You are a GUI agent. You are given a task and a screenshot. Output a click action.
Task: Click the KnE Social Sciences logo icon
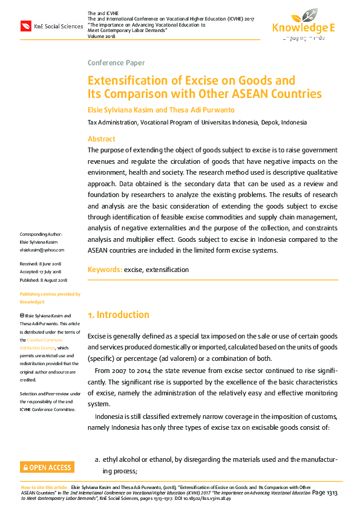25,27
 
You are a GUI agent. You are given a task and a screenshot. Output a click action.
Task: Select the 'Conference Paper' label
116,63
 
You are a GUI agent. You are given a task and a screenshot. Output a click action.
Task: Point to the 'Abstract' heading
101,138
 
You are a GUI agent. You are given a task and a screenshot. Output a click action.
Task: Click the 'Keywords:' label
105,270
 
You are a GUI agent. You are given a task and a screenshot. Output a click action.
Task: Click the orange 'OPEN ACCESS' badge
47,467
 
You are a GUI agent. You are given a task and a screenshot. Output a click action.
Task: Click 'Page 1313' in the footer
325,493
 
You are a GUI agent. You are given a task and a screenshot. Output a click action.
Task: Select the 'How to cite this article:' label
44,487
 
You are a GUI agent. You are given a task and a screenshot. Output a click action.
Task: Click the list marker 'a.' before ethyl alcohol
97,459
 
